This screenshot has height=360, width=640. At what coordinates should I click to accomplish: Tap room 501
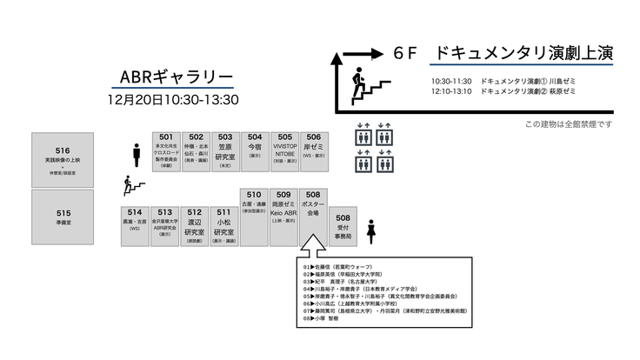166,150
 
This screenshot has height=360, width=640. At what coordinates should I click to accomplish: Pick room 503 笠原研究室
225,150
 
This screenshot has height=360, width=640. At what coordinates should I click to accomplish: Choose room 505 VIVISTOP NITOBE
284,150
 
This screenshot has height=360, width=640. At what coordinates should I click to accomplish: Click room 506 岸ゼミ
314,150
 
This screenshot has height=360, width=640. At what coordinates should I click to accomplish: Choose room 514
135,225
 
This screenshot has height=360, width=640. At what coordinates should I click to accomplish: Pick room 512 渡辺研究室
195,225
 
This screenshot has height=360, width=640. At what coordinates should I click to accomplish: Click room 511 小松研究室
224,225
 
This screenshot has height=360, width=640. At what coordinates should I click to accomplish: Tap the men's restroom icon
137,155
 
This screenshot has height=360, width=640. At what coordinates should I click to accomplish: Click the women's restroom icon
371,232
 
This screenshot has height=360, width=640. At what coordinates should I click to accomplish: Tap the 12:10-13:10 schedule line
503,90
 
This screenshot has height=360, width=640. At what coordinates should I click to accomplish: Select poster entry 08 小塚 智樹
330,319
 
